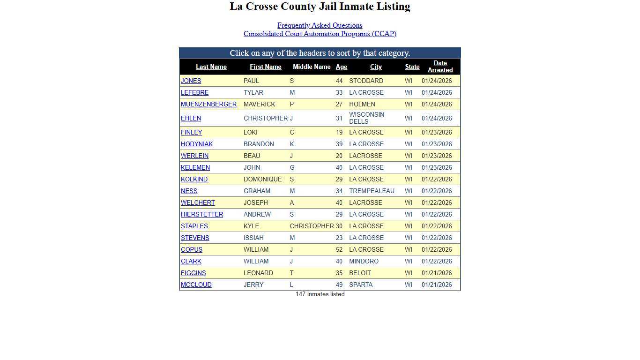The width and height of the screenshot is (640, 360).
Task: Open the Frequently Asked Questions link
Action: pos(320,25)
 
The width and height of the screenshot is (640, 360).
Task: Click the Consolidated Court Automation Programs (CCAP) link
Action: pos(320,34)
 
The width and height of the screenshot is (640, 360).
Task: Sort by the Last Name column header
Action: pos(211,67)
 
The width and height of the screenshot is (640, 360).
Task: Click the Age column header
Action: pos(341,67)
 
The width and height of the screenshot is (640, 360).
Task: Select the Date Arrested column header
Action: pos(440,67)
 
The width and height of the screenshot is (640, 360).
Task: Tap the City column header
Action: pos(376,67)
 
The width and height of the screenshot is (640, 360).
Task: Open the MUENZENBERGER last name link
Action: pos(208,104)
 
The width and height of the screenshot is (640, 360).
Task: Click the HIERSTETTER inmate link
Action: pos(202,214)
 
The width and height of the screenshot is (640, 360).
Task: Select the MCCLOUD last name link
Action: pos(196,285)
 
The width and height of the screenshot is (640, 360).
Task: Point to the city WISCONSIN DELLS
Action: pos(366,118)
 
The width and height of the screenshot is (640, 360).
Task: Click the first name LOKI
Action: pos(250,132)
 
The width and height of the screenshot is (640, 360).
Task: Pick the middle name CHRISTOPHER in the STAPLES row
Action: pos(312,226)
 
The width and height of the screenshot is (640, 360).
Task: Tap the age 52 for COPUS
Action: pos(339,249)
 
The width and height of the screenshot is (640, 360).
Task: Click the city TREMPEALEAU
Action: pos(372,191)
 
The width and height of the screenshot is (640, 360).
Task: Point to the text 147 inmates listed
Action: pos(320,294)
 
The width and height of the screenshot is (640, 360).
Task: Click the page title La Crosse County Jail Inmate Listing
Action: pos(320,7)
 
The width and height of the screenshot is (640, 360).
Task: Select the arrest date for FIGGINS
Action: pos(437,273)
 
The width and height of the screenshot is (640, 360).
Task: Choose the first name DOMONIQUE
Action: pos(262,179)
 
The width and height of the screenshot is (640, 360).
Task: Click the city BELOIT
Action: pos(360,273)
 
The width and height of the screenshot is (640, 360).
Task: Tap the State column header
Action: pos(412,67)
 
